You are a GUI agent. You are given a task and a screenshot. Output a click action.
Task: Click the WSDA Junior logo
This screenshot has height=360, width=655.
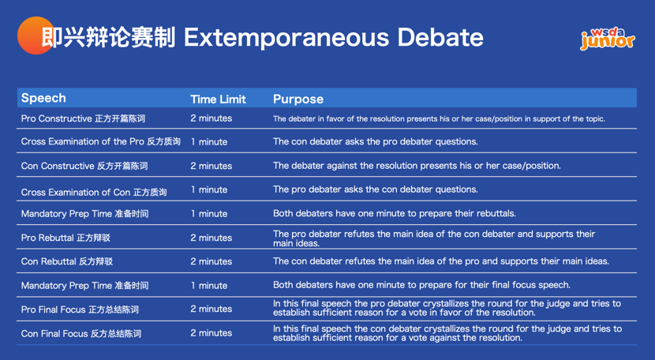[607, 39]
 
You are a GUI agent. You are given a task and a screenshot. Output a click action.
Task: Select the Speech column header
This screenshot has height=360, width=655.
[43, 99]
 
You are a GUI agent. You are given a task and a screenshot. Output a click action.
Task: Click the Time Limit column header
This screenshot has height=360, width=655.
[218, 99]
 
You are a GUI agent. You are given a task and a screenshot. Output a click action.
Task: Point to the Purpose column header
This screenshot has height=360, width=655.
[298, 99]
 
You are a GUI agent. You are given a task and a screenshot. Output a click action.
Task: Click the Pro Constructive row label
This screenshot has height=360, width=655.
[83, 119]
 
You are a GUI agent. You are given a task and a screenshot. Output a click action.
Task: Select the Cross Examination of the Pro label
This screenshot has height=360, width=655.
[100, 142]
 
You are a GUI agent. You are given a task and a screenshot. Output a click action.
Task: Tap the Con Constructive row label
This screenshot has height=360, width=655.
[84, 167]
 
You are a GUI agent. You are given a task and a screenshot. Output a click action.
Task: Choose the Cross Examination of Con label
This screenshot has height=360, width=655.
[94, 191]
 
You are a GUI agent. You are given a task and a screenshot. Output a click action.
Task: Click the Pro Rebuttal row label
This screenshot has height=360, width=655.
[65, 238]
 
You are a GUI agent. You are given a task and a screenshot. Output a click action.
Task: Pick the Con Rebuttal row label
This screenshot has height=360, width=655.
[66, 262]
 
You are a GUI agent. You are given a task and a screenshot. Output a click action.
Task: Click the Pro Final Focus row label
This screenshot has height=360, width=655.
[80, 309]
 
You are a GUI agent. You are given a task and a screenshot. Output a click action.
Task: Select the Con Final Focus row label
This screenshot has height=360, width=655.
[80, 334]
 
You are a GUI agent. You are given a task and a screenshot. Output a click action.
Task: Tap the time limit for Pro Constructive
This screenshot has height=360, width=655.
[211, 118]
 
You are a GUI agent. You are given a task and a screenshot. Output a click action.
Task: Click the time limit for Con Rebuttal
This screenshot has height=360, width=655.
[211, 261]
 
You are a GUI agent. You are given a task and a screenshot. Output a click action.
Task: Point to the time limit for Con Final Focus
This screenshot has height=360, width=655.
[211, 333]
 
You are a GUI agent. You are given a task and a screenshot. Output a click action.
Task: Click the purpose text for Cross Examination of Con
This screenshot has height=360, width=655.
[375, 189]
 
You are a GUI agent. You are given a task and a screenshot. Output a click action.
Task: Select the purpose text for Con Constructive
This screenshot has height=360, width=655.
[417, 166]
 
